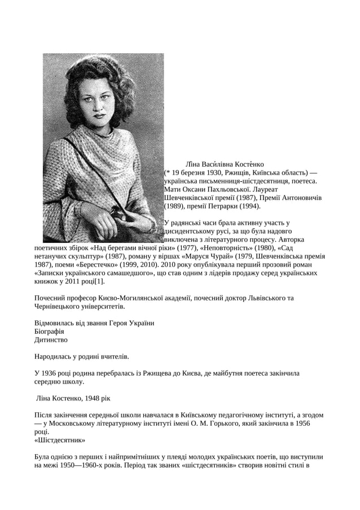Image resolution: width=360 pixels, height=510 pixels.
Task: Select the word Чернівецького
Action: [59, 307]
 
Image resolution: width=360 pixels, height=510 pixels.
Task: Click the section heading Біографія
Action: [49, 332]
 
